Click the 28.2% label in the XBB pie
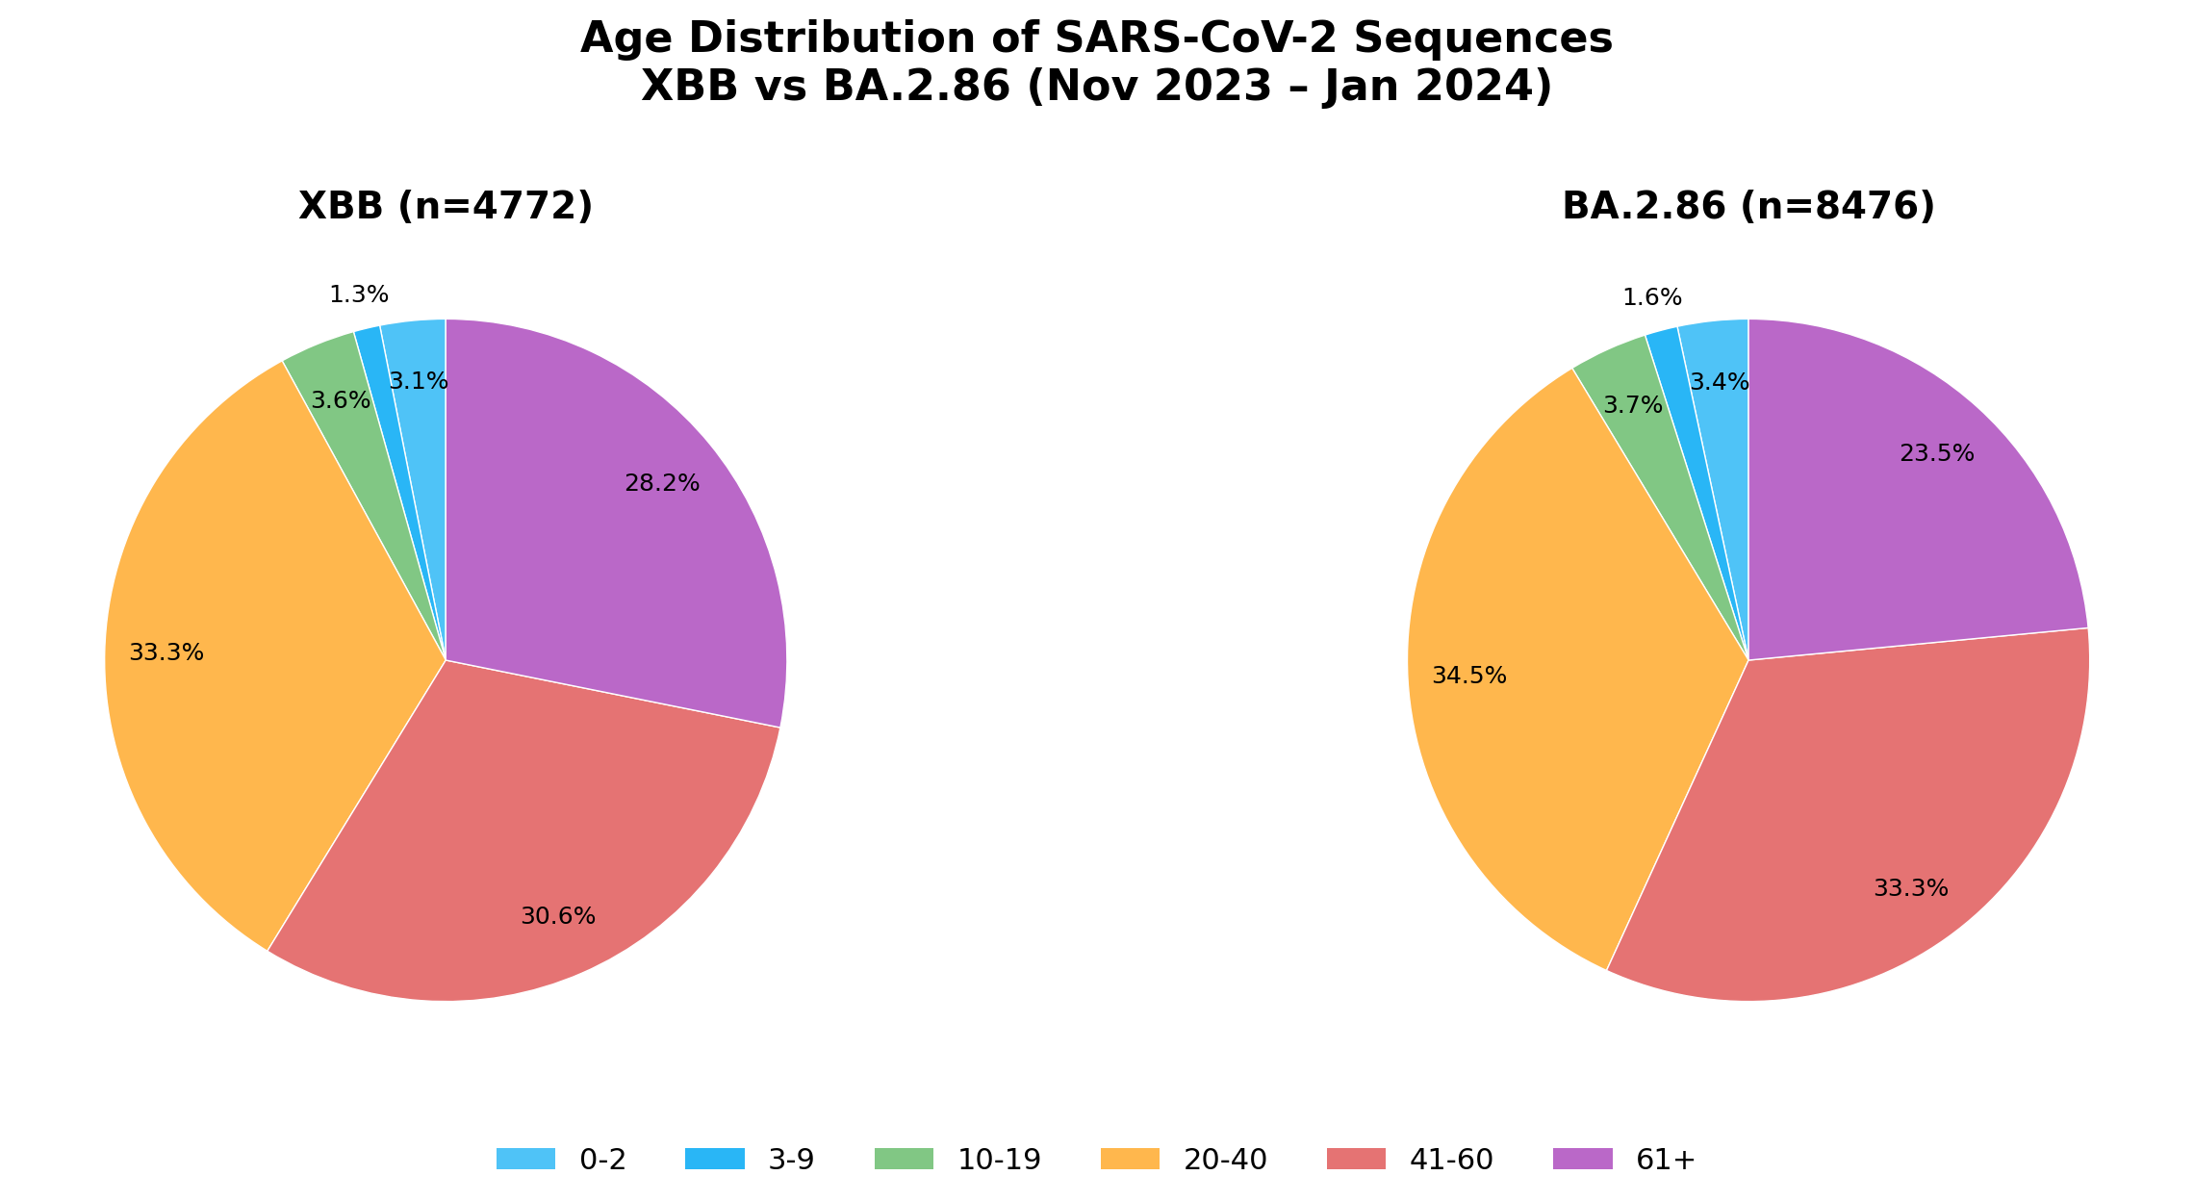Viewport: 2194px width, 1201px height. (662, 484)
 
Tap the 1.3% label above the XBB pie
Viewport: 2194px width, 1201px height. (359, 295)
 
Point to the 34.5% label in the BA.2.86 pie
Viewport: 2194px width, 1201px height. (1469, 677)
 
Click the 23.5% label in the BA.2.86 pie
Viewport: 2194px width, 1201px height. (1937, 454)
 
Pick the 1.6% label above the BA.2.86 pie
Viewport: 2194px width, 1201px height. (1652, 298)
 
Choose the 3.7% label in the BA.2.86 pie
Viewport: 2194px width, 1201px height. (1633, 406)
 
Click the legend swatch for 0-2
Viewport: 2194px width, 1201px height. (525, 1160)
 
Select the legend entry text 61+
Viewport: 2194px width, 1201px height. (1666, 1161)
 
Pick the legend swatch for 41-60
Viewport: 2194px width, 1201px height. (1356, 1160)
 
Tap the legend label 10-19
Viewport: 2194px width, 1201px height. (999, 1161)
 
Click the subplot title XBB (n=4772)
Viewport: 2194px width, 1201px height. (446, 207)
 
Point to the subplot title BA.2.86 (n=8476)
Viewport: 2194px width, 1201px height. (1748, 207)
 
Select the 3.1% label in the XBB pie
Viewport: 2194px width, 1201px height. (419, 382)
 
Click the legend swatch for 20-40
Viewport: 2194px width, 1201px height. (1130, 1160)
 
